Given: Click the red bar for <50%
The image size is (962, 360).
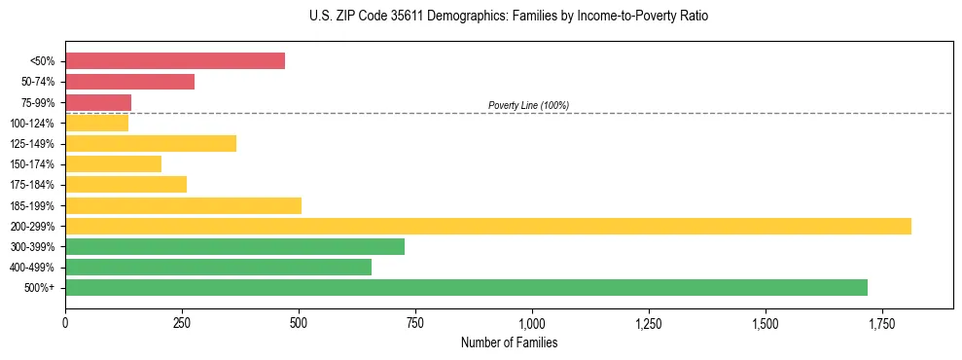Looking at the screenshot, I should click(175, 61).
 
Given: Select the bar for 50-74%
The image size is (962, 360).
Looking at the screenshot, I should click(129, 82).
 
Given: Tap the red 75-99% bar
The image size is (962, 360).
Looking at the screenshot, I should click(98, 102).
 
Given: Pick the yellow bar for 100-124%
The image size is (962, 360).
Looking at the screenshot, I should click(96, 123).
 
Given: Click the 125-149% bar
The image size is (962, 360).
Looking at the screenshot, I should click(151, 143).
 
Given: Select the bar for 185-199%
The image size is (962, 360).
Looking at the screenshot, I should click(183, 205).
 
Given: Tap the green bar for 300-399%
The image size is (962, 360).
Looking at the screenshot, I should click(234, 246).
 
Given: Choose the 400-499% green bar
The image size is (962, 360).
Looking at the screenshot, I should click(218, 267).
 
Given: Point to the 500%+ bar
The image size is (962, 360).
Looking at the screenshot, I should click(466, 287).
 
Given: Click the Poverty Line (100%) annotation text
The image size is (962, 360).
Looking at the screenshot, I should click(528, 105).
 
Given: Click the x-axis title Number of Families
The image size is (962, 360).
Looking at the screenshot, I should click(509, 343).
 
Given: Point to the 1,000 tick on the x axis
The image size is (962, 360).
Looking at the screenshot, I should click(532, 322).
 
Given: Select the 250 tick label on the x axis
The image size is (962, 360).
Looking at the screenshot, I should click(182, 322).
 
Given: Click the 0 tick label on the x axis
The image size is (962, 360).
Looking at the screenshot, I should click(65, 322).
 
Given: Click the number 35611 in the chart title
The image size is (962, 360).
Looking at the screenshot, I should click(398, 17).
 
